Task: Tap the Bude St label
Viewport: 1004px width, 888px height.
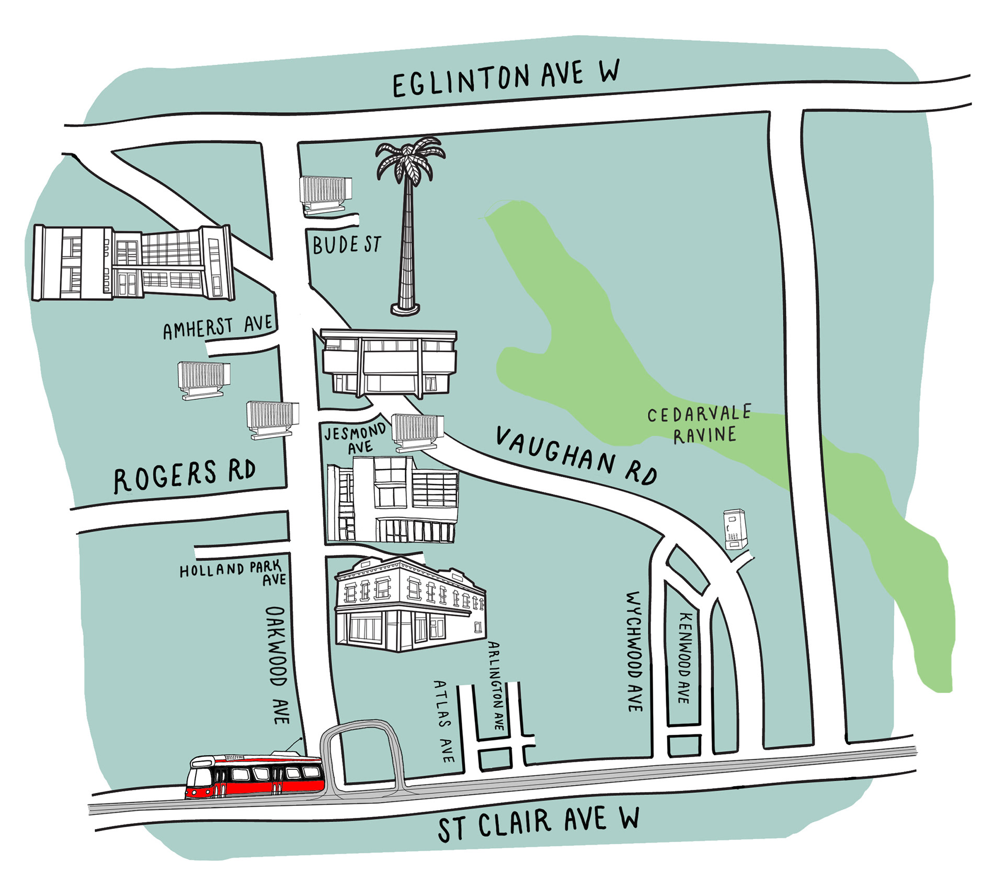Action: (347, 245)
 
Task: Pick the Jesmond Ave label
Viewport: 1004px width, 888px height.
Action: (356, 439)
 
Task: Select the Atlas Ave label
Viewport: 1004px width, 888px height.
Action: (443, 721)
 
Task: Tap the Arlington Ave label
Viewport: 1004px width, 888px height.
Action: (496, 685)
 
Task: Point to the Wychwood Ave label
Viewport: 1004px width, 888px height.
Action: (634, 651)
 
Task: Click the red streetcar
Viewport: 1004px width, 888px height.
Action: (255, 776)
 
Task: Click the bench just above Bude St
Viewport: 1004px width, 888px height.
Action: (325, 194)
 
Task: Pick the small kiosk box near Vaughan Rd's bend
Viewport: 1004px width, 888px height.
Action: (734, 529)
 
